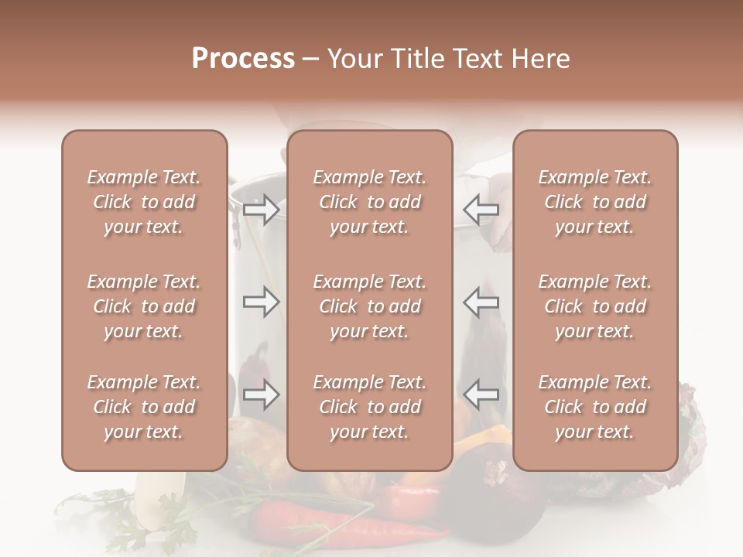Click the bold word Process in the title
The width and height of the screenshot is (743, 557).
pos(243,59)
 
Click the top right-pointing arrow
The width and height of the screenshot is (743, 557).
pos(261,209)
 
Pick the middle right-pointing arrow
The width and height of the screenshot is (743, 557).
pos(261,302)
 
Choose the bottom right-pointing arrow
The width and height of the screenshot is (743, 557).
pos(261,395)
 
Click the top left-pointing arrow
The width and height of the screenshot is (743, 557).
pos(481,209)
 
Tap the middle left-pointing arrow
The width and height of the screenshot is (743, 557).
pos(481,302)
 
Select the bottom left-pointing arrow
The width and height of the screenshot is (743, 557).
pos(481,395)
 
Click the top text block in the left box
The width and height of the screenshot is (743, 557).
pos(144,202)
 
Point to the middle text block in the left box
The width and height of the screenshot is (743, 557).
pos(144,306)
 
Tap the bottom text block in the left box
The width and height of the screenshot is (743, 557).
pos(144,407)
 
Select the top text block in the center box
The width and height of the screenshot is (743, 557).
pos(370,202)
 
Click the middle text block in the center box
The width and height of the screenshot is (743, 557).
pos(370,306)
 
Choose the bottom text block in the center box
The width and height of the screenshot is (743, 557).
pos(370,407)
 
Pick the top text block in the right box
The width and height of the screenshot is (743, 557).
pos(595,202)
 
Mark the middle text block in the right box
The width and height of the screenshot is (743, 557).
pos(595,306)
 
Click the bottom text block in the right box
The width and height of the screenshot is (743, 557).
pos(595,407)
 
